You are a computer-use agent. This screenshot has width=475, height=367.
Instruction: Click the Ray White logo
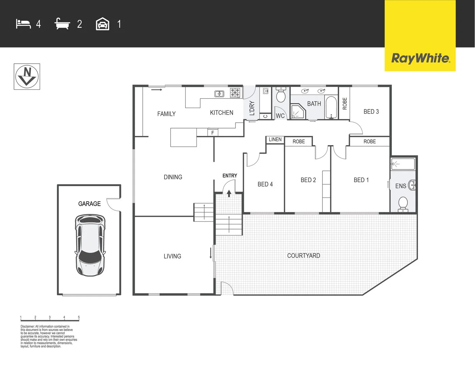(420, 58)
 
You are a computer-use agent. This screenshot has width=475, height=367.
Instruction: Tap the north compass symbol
(27, 76)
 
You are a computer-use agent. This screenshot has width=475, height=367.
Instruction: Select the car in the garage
(90, 245)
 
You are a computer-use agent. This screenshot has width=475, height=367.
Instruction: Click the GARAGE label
(89, 204)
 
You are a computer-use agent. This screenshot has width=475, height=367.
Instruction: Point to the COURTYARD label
(303, 256)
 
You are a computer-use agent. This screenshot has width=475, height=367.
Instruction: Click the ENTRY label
(230, 176)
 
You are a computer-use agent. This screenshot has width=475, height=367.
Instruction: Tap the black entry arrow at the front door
(229, 193)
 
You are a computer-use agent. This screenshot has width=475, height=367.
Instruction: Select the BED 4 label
(265, 184)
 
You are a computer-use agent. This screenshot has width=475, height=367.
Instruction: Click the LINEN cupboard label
(275, 139)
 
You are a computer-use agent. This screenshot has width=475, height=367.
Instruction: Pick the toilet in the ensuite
(403, 204)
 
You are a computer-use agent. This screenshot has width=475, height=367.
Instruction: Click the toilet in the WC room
(281, 95)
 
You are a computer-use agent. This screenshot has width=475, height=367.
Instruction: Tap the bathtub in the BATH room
(331, 107)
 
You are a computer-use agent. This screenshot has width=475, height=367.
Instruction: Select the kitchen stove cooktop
(235, 93)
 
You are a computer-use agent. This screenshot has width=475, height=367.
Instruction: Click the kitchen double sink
(219, 94)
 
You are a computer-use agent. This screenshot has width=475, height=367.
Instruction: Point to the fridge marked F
(213, 133)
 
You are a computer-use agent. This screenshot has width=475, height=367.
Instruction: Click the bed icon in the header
(23, 24)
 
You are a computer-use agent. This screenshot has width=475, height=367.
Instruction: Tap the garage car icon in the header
(103, 24)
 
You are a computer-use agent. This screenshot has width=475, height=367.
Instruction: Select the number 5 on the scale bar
(79, 317)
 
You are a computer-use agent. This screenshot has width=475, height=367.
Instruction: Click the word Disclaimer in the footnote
(27, 327)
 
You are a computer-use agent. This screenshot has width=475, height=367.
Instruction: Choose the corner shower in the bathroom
(297, 111)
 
